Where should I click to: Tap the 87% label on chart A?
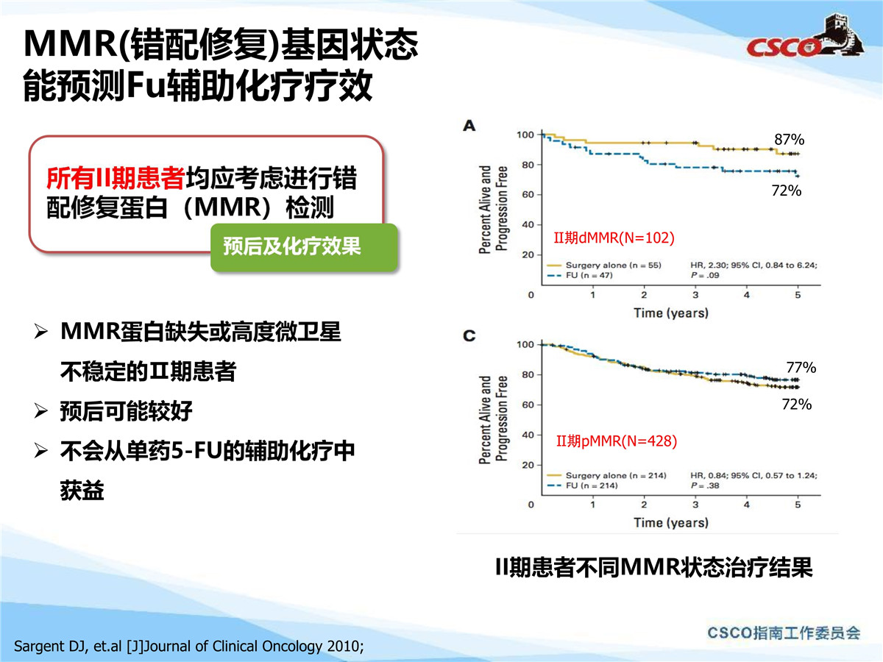click(790, 140)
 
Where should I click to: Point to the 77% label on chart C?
click(801, 367)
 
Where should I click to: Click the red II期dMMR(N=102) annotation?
click(614, 238)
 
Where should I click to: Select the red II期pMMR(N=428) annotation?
click(617, 441)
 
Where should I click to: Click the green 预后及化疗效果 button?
click(304, 247)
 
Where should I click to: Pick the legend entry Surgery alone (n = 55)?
click(604, 266)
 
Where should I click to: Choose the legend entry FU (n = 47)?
click(580, 275)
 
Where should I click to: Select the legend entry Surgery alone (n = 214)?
click(606, 475)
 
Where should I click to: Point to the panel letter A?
click(469, 126)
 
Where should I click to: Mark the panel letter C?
click(469, 335)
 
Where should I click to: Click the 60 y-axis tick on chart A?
click(528, 194)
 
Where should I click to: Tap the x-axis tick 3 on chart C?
click(695, 505)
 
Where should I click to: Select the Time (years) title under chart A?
click(671, 313)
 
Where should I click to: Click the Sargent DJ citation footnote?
click(188, 647)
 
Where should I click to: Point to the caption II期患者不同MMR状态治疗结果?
click(653, 567)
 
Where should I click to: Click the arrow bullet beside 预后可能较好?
click(41, 411)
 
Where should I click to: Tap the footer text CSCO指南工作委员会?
click(784, 633)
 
